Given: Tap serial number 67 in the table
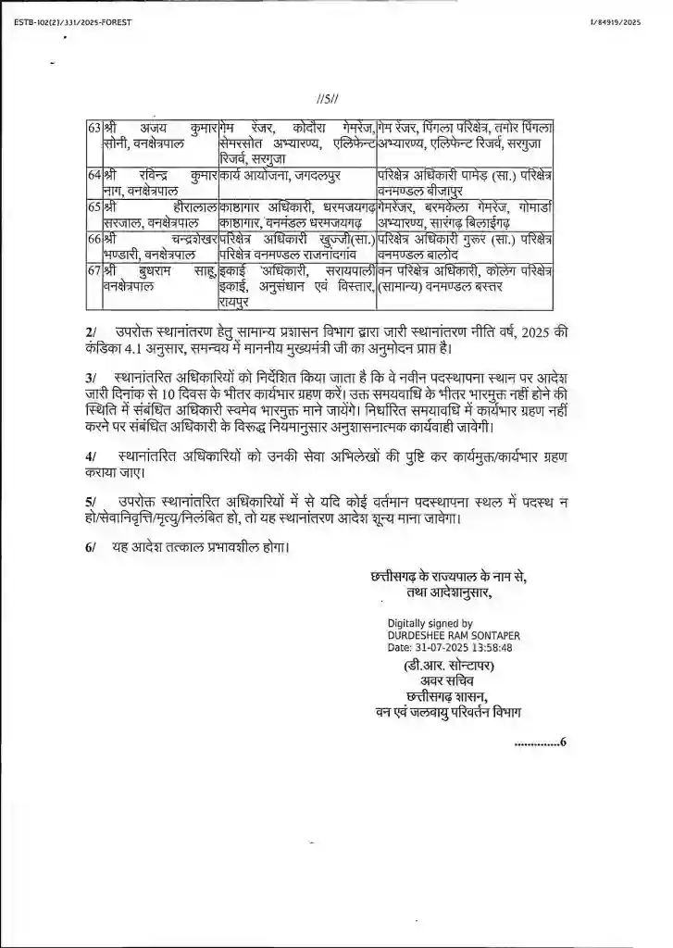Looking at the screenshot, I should (x=93, y=269).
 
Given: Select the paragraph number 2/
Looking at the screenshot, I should (x=90, y=331).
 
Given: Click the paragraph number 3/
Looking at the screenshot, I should (x=90, y=378).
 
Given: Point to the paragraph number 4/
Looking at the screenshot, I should (x=90, y=456).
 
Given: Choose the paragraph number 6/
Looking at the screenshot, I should (x=90, y=548).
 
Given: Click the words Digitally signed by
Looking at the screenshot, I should (x=430, y=624).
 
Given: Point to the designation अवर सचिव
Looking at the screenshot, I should (x=445, y=682).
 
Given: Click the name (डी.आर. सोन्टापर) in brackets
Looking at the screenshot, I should (x=445, y=667).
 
